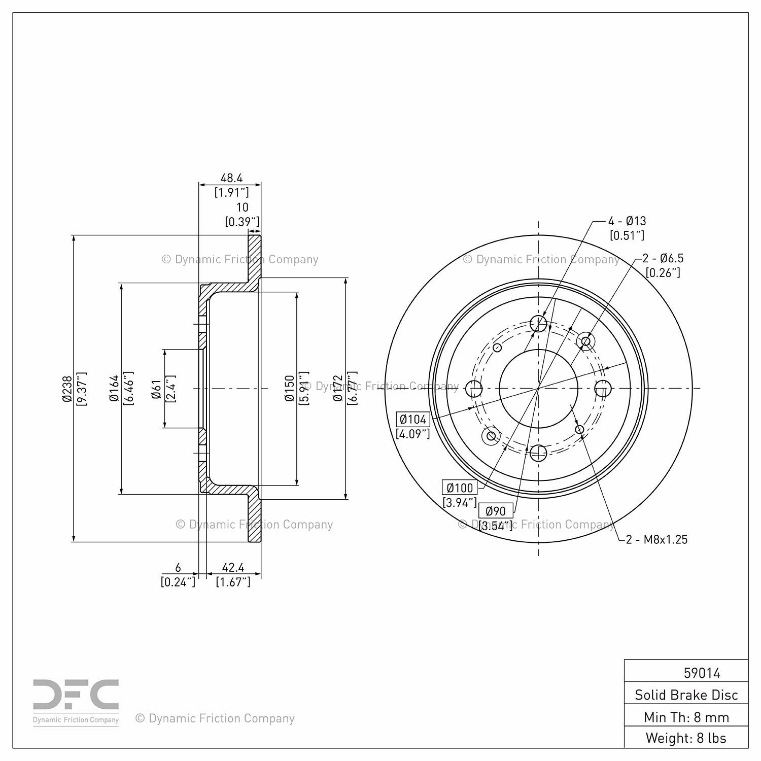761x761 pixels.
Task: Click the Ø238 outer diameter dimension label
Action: tap(67, 389)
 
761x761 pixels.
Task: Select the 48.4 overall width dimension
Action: tap(231, 178)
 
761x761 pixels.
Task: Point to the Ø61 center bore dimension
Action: tap(156, 389)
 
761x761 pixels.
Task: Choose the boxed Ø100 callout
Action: tap(460, 488)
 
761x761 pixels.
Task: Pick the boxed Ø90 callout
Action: tap(496, 511)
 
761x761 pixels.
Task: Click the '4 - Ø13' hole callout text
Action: tap(628, 221)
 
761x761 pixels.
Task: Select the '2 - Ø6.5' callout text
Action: tap(663, 258)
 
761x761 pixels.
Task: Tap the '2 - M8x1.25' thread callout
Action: tap(657, 539)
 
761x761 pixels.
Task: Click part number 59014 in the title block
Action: tap(702, 673)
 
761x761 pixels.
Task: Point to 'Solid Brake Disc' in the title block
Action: tap(686, 695)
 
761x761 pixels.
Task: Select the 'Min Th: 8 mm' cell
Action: tap(686, 717)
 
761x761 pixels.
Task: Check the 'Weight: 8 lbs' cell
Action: tap(686, 738)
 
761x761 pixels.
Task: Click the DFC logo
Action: tap(76, 702)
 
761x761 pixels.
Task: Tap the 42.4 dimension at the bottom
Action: tap(233, 568)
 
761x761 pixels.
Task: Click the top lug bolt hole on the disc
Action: tap(538, 323)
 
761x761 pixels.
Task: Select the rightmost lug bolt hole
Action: tap(603, 389)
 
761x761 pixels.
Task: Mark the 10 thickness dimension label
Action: tap(243, 207)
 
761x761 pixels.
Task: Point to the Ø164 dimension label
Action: tap(114, 389)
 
